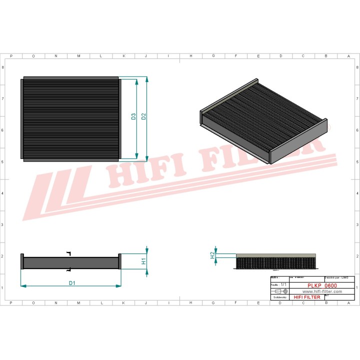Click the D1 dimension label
coord(72,283)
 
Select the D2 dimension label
coord(143,116)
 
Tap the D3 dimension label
coord(133,116)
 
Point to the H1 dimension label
coord(143,261)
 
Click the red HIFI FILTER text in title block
coord(307,297)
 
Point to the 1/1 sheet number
coord(284,284)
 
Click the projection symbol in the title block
coord(278,290)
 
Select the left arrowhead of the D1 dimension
coord(23,286)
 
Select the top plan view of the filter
coord(70,118)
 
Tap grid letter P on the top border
coord(11,56)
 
